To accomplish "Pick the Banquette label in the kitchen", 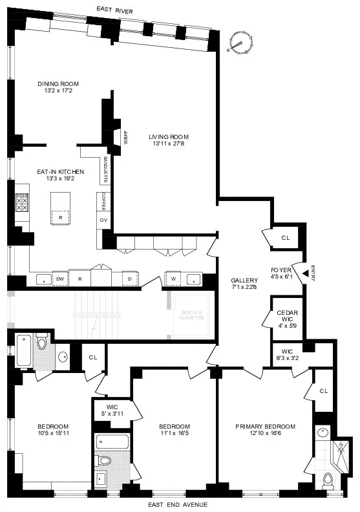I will tap(105, 170).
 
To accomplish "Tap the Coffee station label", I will tap(103, 202).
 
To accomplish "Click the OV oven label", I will tap(103, 220).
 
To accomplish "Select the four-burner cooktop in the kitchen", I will tap(21, 204).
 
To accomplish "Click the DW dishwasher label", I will tap(60, 279).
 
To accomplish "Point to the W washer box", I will tap(173, 279).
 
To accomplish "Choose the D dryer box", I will tap(130, 279).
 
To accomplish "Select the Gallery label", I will tap(244, 281).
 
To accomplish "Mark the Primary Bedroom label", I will tap(265, 427).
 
